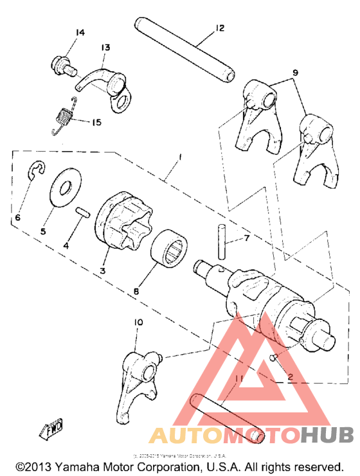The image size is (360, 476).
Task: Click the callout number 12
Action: click(219, 28)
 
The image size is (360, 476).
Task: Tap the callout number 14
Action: click(80, 32)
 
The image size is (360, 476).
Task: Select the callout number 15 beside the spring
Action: click(96, 122)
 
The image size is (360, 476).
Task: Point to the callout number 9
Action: click(295, 73)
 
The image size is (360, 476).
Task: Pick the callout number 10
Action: click(139, 322)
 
